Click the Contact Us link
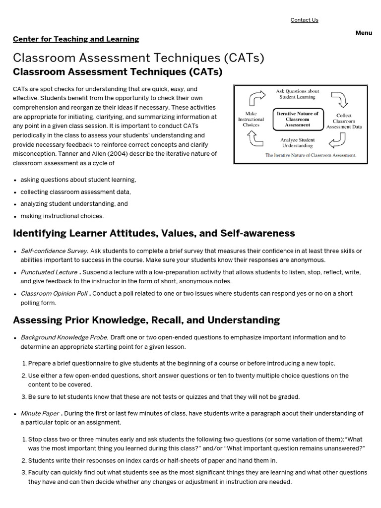(x=304, y=20)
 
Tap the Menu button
(x=364, y=33)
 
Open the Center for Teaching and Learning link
(x=76, y=39)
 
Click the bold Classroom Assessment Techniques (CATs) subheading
(x=118, y=72)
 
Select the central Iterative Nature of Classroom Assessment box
(x=298, y=119)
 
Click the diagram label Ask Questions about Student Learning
(x=297, y=94)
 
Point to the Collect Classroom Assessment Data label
(x=344, y=121)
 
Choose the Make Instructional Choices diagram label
(x=251, y=119)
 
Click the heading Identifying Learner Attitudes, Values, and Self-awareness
(x=154, y=233)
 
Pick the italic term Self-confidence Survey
(x=54, y=251)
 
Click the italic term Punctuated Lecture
(x=49, y=272)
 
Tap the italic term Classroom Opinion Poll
(x=54, y=293)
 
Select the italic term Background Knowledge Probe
(x=64, y=337)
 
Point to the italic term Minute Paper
(x=40, y=413)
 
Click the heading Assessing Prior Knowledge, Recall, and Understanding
(x=146, y=320)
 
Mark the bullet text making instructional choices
(x=62, y=216)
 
